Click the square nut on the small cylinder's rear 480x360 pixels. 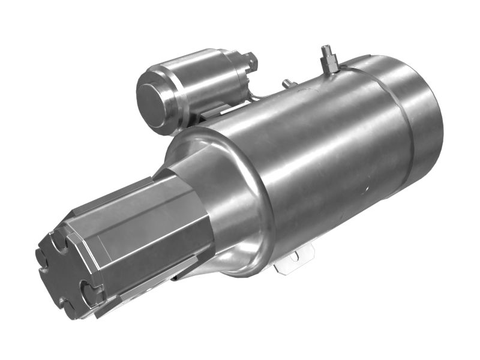(250, 61)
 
